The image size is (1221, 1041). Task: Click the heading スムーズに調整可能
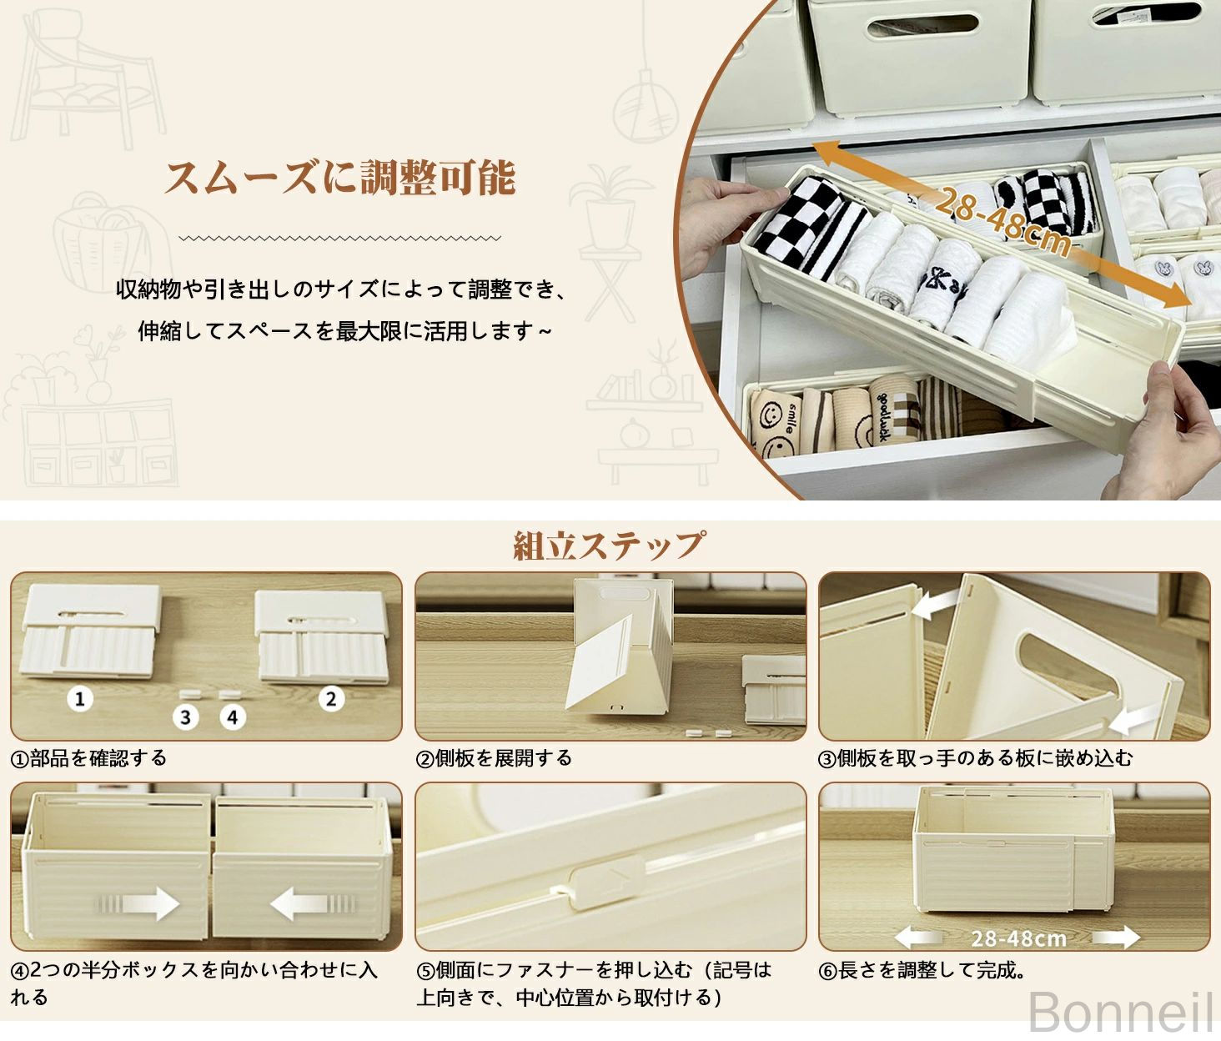(x=339, y=177)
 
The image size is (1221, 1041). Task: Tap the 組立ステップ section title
(x=609, y=545)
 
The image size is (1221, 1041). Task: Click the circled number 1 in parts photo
(x=80, y=699)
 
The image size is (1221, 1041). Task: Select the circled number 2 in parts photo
(x=331, y=699)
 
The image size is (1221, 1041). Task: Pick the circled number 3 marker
(x=185, y=717)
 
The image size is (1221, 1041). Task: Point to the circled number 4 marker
(x=233, y=717)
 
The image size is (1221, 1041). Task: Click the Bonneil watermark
(x=1120, y=1011)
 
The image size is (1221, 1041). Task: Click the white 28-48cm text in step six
(x=1019, y=938)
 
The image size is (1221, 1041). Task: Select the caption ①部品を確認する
(x=89, y=758)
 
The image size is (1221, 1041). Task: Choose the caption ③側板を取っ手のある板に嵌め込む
(x=976, y=758)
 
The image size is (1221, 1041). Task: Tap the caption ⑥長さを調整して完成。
(x=922, y=969)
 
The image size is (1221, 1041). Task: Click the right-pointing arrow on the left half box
(x=139, y=904)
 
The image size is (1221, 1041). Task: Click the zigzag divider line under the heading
(x=339, y=238)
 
